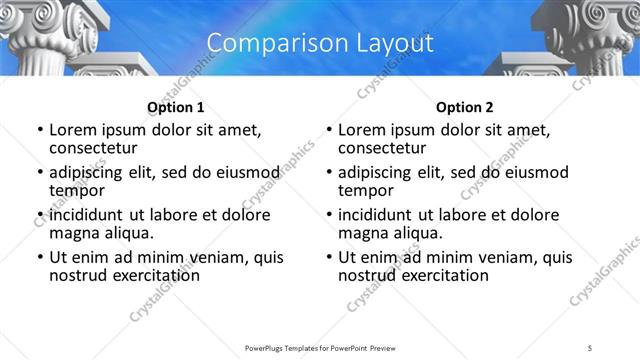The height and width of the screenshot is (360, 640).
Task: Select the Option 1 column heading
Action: (x=175, y=107)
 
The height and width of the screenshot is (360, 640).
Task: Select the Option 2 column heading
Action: (x=464, y=107)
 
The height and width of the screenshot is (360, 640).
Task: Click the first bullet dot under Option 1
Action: (x=39, y=131)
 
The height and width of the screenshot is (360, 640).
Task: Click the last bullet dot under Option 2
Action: (x=328, y=257)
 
